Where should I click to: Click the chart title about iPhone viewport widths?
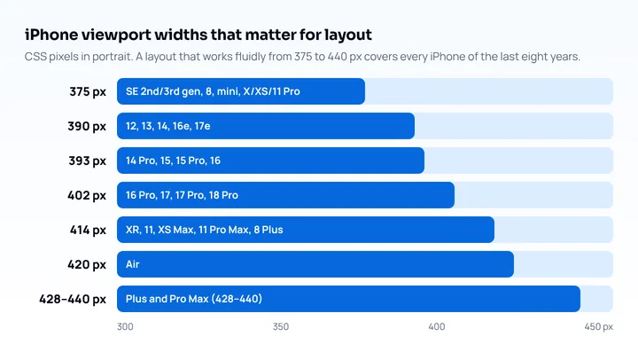pos(198,35)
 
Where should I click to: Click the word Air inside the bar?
pos(133,264)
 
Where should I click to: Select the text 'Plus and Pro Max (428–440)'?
pos(194,299)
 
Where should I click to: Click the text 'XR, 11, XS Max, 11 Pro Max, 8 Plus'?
pos(205,230)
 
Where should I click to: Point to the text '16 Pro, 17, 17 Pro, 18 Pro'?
pos(182,195)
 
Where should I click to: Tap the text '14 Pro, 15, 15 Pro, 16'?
pos(173,160)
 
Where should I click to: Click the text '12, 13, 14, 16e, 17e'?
pos(168,126)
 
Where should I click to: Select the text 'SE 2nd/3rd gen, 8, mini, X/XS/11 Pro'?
pos(213,91)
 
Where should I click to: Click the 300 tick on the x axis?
pos(125,326)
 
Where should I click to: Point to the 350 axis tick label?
pos(281,326)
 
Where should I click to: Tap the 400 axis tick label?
pos(437,326)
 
